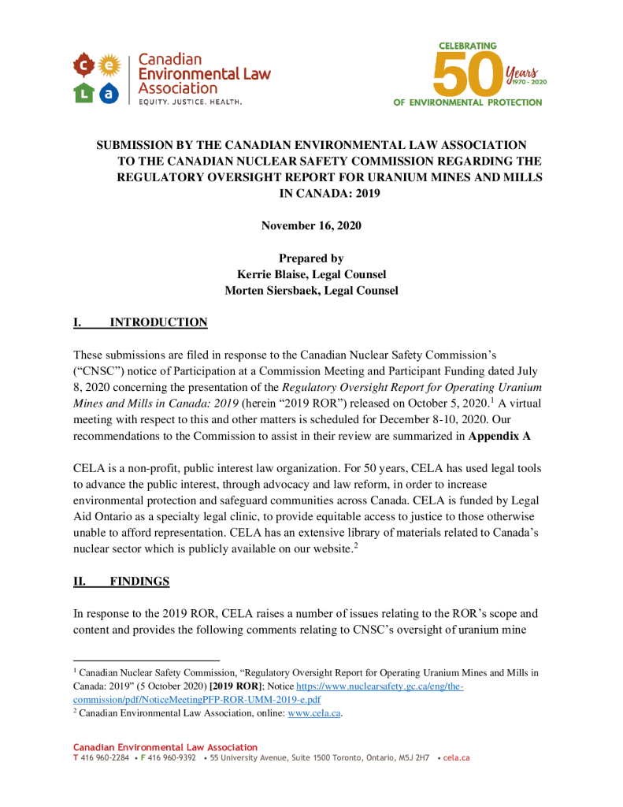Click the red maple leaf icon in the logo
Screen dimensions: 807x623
[x=83, y=63]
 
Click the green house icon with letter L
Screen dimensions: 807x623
[x=84, y=94]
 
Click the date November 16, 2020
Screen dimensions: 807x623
[x=311, y=225]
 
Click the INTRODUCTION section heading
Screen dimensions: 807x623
[x=158, y=322]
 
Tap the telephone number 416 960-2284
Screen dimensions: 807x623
[x=105, y=757]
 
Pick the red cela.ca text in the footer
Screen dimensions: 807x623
[x=457, y=757]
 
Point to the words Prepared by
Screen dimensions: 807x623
[x=311, y=258]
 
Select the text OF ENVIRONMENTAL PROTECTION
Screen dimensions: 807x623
[x=468, y=102]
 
